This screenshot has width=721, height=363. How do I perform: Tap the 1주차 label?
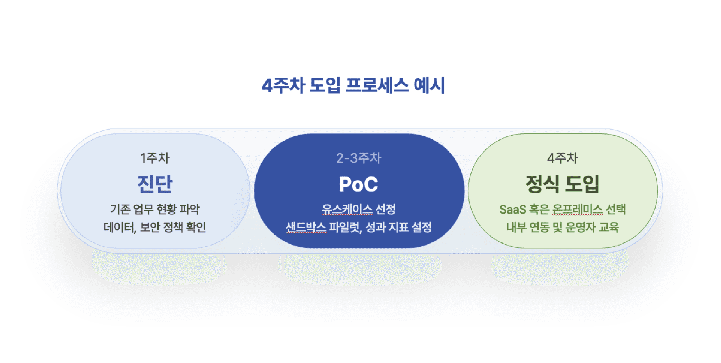(155, 158)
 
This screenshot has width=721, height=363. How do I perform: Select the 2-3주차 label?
(359, 158)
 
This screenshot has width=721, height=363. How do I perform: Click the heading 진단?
(155, 184)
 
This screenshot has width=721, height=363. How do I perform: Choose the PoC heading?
(359, 184)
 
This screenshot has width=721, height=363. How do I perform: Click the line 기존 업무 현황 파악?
(155, 209)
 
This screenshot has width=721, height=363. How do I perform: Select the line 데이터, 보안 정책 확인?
(155, 227)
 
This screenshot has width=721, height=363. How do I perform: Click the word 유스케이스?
(347, 209)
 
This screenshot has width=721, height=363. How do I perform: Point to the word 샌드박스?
(306, 227)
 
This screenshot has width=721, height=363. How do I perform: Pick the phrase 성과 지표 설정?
(399, 227)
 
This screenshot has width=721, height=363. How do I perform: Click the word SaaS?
(513, 209)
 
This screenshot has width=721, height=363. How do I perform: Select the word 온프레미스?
(577, 209)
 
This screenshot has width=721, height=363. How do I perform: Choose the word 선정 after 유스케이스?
(385, 209)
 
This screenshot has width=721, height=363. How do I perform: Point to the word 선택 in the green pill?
(615, 209)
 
